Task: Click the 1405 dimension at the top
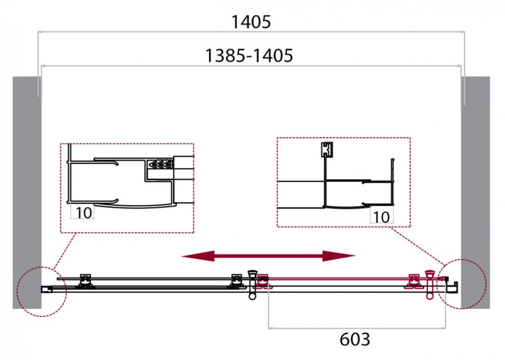251,22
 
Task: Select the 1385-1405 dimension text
249,56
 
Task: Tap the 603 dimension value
355,339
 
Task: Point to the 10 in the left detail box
84,213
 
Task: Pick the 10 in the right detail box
381,217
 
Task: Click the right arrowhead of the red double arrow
339,256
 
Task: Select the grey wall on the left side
27,193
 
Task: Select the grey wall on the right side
475,193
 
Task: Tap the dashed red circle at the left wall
42,292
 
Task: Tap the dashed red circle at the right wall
461,284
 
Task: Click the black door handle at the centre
252,285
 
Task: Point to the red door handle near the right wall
430,284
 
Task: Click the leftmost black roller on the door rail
85,280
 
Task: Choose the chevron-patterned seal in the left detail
160,165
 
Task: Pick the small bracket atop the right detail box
327,150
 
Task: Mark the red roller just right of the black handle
263,281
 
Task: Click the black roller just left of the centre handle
237,280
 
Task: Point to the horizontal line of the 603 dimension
357,328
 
